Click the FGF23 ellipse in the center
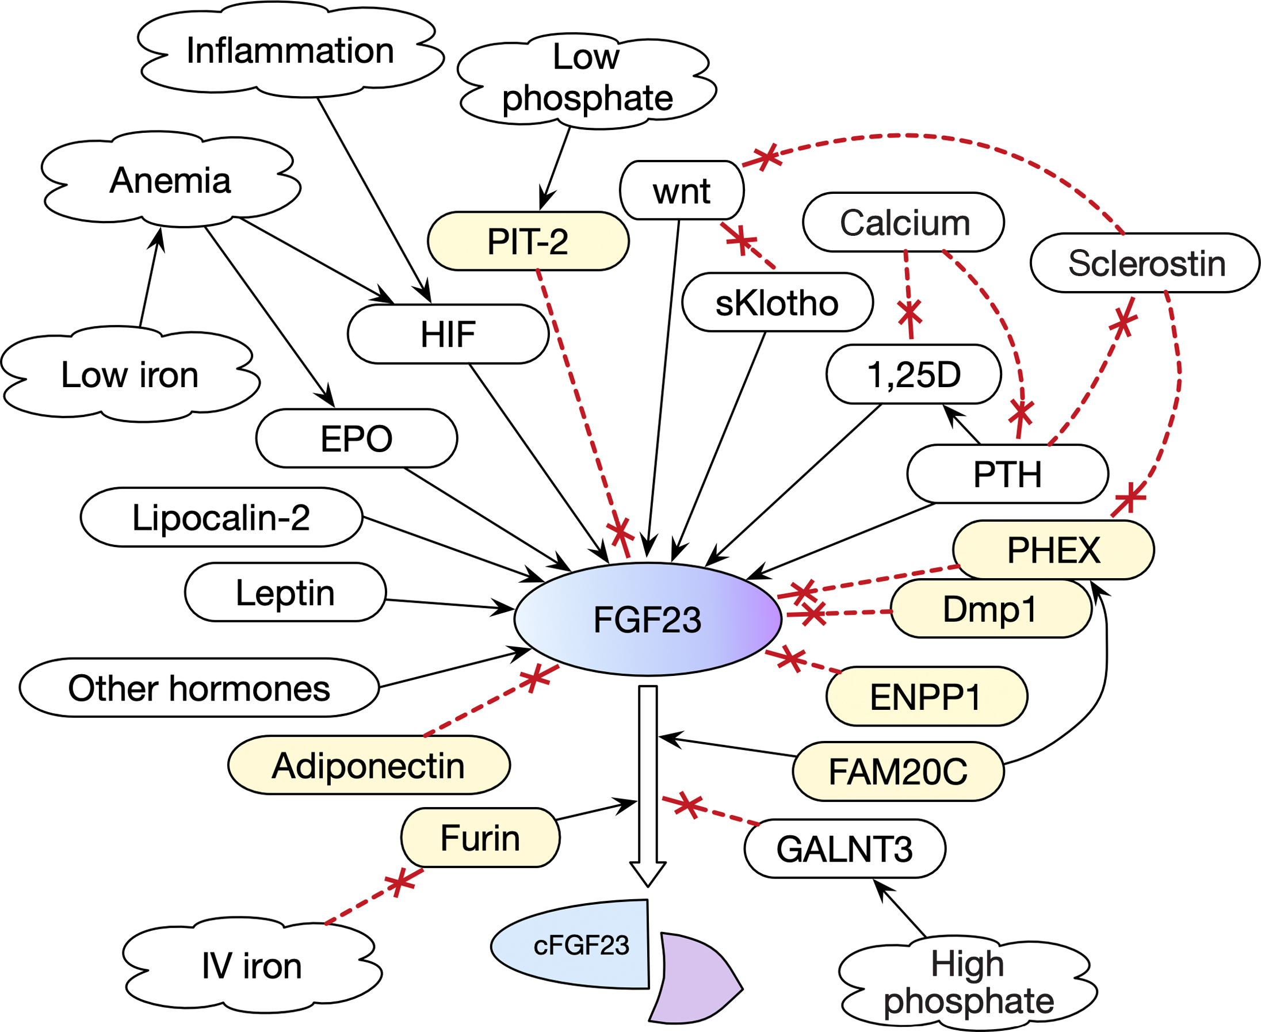tap(647, 620)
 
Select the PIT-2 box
tap(528, 242)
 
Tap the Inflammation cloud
tap(290, 51)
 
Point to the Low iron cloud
tap(129, 375)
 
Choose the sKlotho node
tap(777, 303)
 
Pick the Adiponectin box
tap(369, 766)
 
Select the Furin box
tap(480, 838)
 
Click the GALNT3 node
tap(845, 849)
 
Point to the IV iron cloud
tap(252, 966)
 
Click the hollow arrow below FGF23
tap(647, 785)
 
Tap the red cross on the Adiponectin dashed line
tap(534, 678)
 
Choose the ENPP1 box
tap(926, 697)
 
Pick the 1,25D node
tap(914, 374)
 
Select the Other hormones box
tap(199, 689)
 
